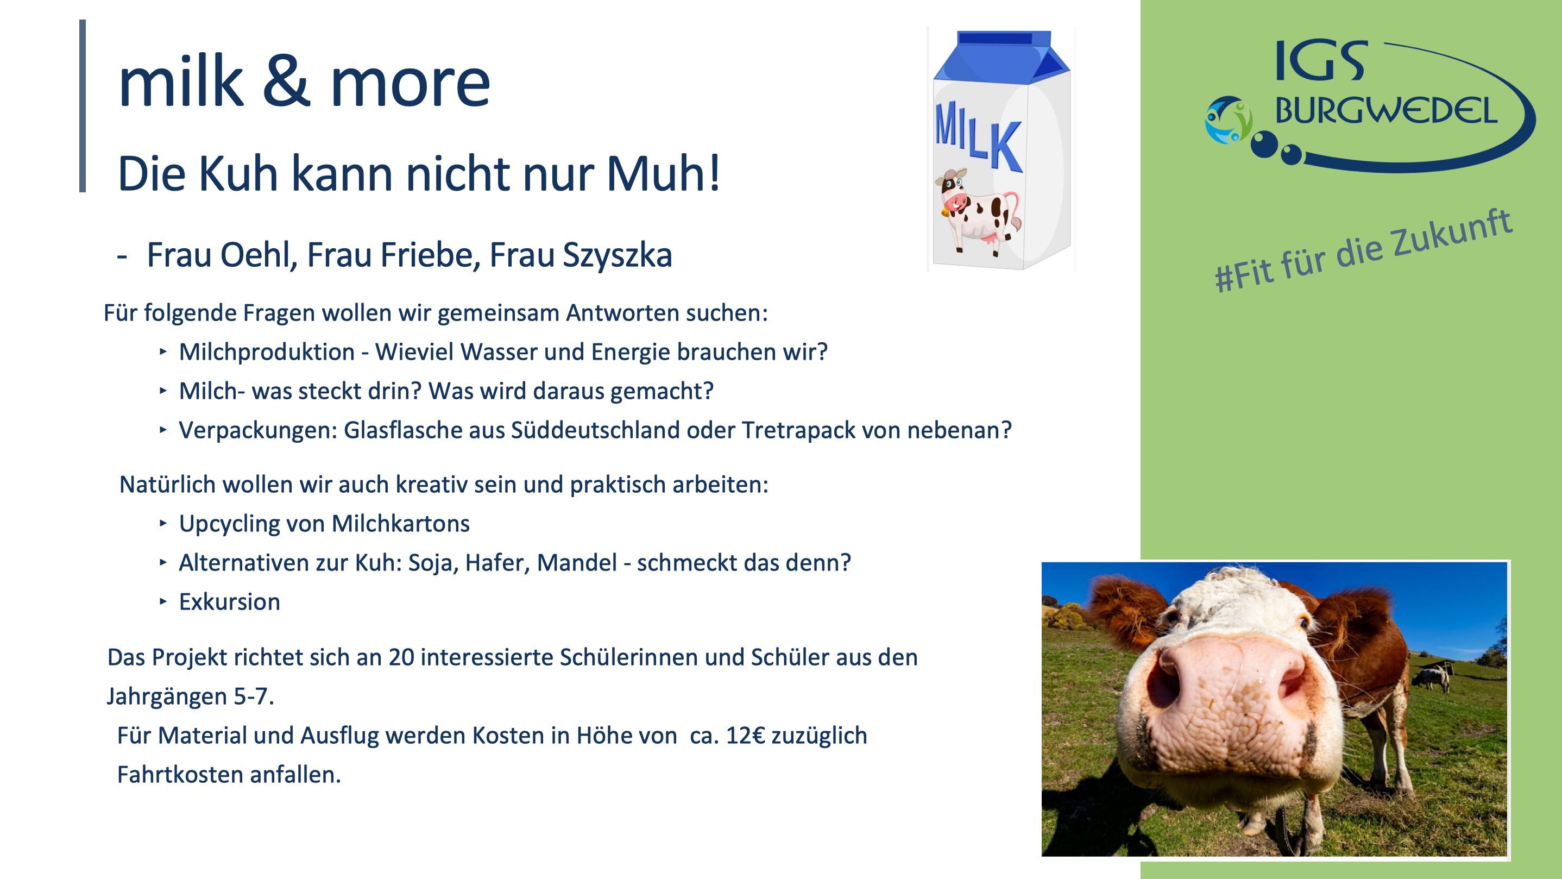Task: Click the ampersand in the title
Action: pos(286,83)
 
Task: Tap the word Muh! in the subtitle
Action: pos(663,173)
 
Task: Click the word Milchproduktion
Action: pos(267,353)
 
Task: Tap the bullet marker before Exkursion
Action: pos(162,601)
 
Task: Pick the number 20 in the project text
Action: pos(401,657)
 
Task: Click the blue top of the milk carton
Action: pos(1002,57)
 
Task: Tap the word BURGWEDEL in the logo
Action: pos(1385,110)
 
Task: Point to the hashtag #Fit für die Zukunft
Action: pos(1363,250)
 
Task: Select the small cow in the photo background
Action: pos(1432,676)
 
